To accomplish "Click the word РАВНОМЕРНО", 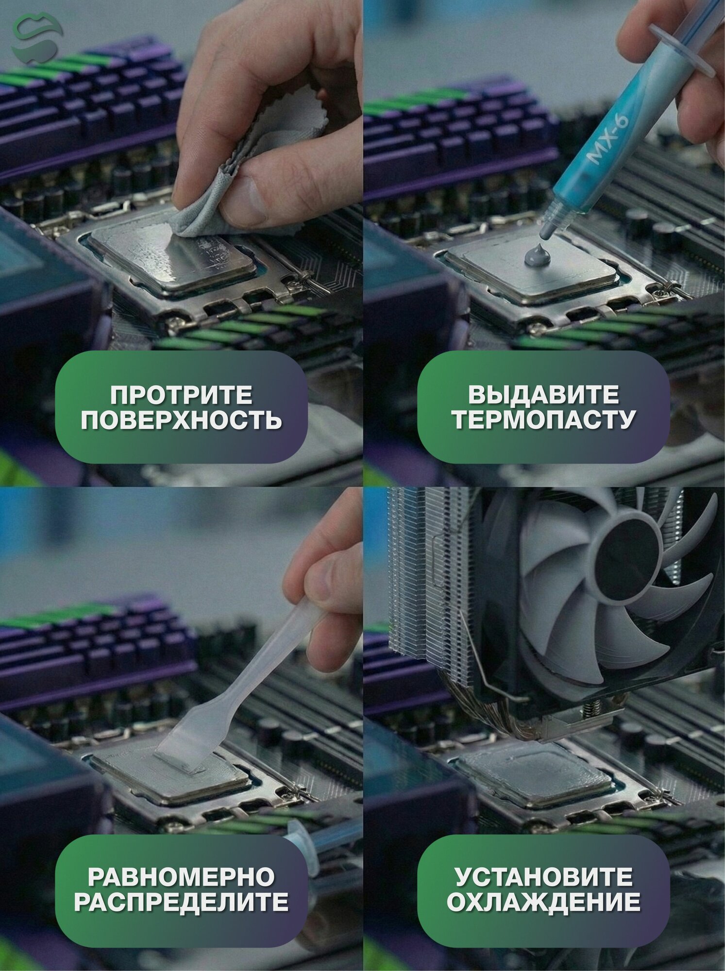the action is coord(181,877).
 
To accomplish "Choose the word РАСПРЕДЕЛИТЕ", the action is coord(181,902).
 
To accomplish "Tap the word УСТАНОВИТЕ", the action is coord(543,877).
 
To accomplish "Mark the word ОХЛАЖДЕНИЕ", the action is coord(543,902).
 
